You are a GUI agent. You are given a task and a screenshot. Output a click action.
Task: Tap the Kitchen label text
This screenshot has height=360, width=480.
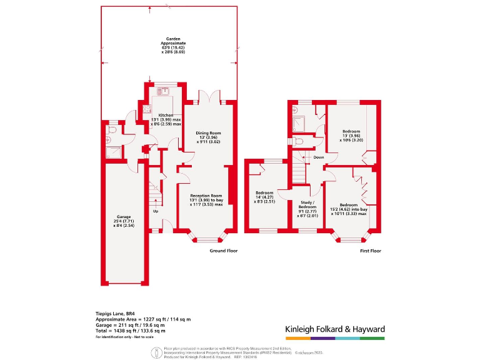[166, 116]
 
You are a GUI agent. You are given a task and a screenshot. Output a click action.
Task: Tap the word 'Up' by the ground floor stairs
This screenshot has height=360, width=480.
[156, 211]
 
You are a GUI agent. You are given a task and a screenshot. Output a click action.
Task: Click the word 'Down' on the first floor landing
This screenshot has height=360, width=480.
[319, 157]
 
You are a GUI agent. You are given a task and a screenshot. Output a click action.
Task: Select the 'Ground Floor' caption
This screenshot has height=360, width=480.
[223, 251]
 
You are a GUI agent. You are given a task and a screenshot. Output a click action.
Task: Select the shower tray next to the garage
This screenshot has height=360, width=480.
[113, 151]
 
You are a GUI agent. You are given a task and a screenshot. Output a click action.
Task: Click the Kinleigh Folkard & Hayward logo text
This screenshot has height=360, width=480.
[334, 329]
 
